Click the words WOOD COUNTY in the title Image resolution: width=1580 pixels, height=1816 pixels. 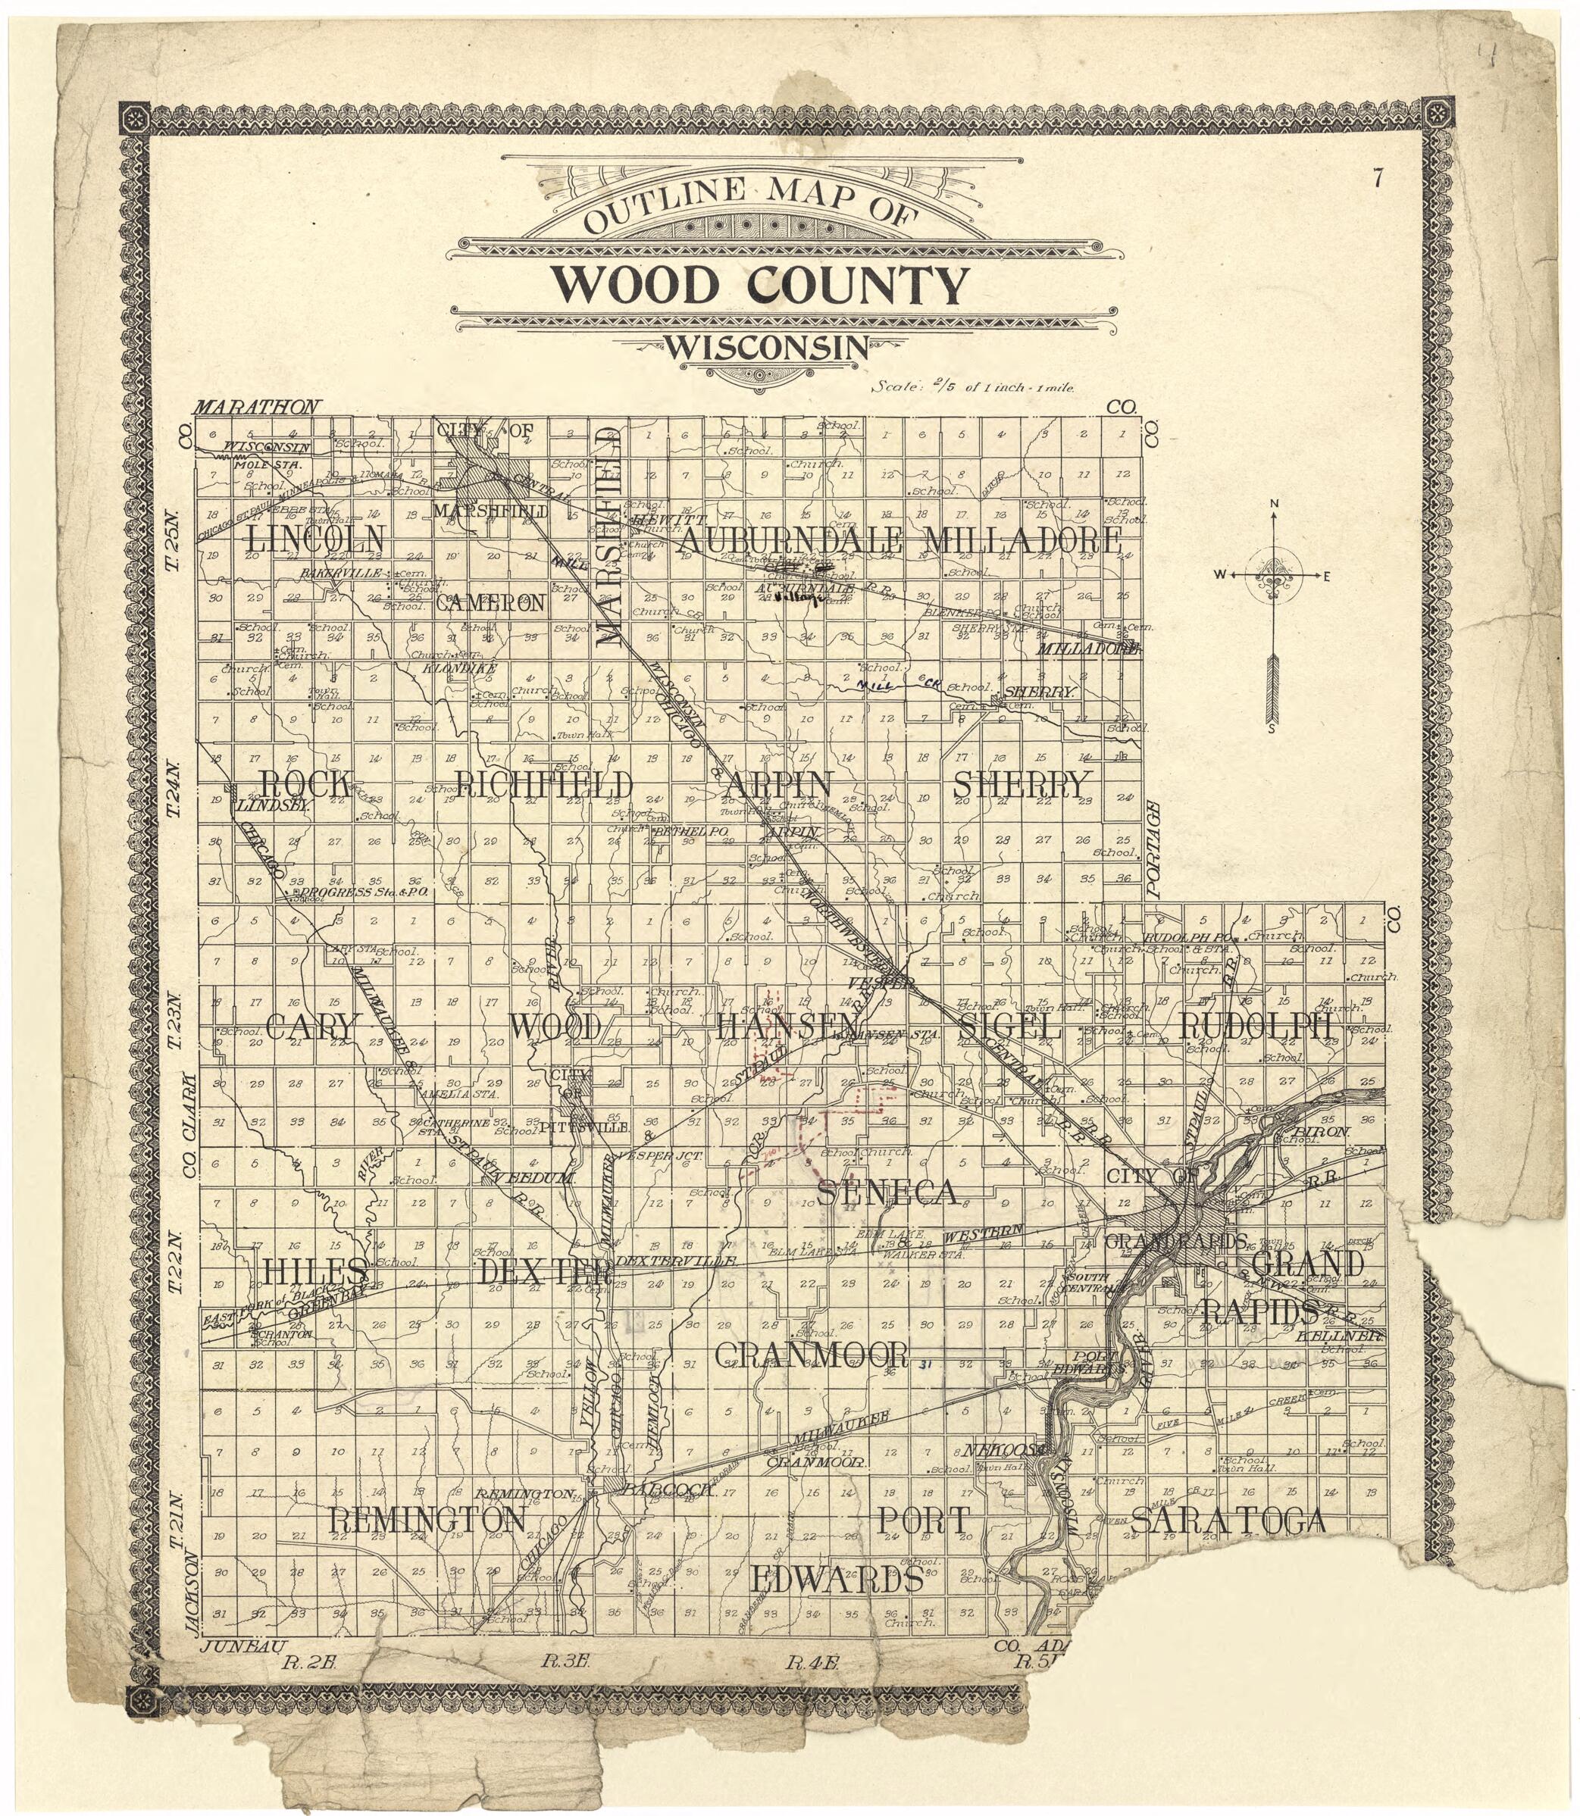[x=759, y=285]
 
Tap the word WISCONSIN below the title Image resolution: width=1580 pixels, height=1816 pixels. [x=765, y=349]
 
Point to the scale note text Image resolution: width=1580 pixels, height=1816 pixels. [x=972, y=386]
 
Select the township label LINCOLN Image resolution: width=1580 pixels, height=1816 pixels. [x=316, y=539]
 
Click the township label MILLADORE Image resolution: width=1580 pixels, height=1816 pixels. [x=1022, y=539]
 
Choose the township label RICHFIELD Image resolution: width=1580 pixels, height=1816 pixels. [x=544, y=783]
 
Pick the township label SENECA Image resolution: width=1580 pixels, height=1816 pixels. [x=886, y=1192]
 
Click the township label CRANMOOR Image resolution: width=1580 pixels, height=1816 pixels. [x=811, y=1353]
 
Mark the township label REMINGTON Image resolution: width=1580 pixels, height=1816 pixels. [x=427, y=1519]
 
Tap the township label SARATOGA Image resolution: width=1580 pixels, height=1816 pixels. [x=1228, y=1519]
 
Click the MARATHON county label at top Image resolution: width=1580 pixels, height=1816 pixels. [x=255, y=408]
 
